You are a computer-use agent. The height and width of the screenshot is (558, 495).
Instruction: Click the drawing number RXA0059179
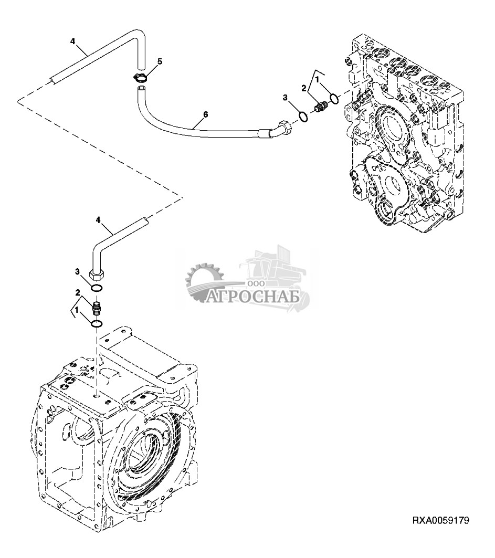tap(440, 521)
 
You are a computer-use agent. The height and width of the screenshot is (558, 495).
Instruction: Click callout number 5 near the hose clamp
tap(160, 61)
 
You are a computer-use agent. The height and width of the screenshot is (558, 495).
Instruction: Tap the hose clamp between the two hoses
tap(141, 77)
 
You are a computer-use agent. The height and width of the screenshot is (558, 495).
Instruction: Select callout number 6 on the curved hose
tap(205, 114)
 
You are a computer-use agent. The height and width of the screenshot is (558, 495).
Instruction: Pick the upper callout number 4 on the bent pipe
tap(72, 41)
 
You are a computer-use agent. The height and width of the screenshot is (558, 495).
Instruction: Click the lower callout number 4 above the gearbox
tap(99, 220)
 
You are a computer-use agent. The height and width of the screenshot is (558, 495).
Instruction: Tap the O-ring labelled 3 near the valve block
tap(303, 117)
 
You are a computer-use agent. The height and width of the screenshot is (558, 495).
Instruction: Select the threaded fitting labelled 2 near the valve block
tap(321, 107)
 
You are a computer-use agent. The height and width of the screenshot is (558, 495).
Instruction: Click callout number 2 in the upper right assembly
tap(304, 88)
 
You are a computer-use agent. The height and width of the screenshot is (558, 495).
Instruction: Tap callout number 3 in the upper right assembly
tap(285, 97)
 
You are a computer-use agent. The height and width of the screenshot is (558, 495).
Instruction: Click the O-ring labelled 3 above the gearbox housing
tap(97, 288)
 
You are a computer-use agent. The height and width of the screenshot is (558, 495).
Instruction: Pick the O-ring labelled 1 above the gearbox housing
tap(97, 323)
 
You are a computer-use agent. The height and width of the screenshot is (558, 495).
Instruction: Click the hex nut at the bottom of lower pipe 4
tap(97, 275)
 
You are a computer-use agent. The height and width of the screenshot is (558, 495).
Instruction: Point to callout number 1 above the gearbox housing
tap(76, 310)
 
